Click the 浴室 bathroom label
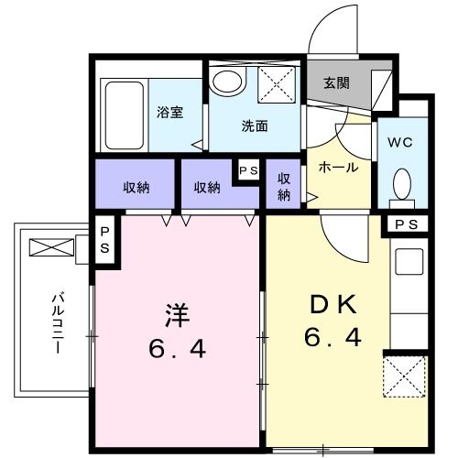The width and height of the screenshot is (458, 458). pyautogui.click(x=170, y=114)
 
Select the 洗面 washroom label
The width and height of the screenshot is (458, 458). pyautogui.click(x=254, y=126)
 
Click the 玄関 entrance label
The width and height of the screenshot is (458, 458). pyautogui.click(x=336, y=82)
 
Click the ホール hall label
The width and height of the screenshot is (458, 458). pyautogui.click(x=338, y=167)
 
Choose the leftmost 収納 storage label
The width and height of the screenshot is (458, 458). pyautogui.click(x=136, y=187)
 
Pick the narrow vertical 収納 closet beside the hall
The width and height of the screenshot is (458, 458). pyautogui.click(x=284, y=186)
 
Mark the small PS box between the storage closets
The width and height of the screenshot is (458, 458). pyautogui.click(x=247, y=170)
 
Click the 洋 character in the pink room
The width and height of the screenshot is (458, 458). pyautogui.click(x=177, y=314)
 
